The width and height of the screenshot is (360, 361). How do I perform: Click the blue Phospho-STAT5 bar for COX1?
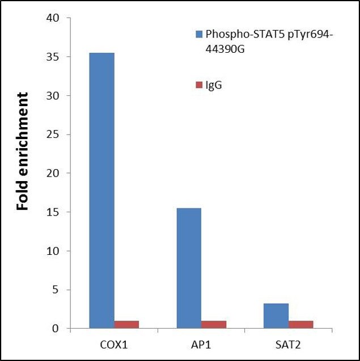(101, 191)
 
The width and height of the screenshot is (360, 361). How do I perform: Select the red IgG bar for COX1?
(126, 325)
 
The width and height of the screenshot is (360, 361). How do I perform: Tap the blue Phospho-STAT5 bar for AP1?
(189, 268)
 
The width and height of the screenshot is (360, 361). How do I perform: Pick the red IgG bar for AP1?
(214, 325)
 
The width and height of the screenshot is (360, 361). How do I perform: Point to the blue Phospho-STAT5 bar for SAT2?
(276, 316)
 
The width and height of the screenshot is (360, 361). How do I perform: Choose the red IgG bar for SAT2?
(301, 325)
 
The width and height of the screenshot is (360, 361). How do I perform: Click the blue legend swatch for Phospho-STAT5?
(199, 34)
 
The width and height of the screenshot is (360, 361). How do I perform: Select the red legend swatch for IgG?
(199, 85)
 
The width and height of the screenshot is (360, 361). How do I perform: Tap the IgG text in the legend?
(214, 85)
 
